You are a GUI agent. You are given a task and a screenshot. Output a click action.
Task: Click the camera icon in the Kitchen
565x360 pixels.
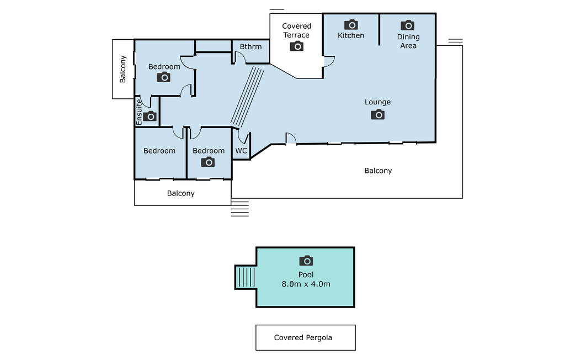point(351,25)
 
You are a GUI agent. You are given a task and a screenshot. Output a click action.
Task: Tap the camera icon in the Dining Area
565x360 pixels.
point(408,25)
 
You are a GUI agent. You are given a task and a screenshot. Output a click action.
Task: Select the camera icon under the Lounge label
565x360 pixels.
point(377,115)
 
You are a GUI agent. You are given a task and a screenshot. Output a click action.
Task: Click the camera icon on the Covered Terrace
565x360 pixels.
point(296,46)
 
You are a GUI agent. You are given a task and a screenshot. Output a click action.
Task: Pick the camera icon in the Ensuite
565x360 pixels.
point(150,116)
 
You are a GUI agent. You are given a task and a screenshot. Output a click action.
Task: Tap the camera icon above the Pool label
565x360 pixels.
point(306,261)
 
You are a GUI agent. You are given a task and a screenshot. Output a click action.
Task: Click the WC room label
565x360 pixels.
point(241,150)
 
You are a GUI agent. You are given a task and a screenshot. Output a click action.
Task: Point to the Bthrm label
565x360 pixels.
point(250,46)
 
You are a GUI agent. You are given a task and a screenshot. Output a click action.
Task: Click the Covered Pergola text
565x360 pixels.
point(303,337)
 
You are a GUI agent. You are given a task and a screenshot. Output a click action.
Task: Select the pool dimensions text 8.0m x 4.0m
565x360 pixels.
point(306,284)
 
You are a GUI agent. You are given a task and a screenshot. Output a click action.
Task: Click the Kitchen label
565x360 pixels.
point(351,35)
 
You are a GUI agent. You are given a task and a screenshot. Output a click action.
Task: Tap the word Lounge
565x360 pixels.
point(377,102)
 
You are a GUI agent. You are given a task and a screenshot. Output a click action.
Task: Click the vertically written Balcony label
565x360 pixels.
point(123,69)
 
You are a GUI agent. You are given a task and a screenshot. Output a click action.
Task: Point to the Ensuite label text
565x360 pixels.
point(139,112)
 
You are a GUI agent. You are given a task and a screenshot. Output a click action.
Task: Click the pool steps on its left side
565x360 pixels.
point(246,277)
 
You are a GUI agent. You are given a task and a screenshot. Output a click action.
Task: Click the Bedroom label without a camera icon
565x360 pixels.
point(159,151)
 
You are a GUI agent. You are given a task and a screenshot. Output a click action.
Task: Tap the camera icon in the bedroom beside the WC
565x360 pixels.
point(208,162)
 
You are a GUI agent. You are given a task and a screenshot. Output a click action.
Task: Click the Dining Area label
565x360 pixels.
point(408,41)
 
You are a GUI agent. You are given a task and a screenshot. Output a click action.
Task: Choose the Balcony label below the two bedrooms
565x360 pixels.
point(181,193)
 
